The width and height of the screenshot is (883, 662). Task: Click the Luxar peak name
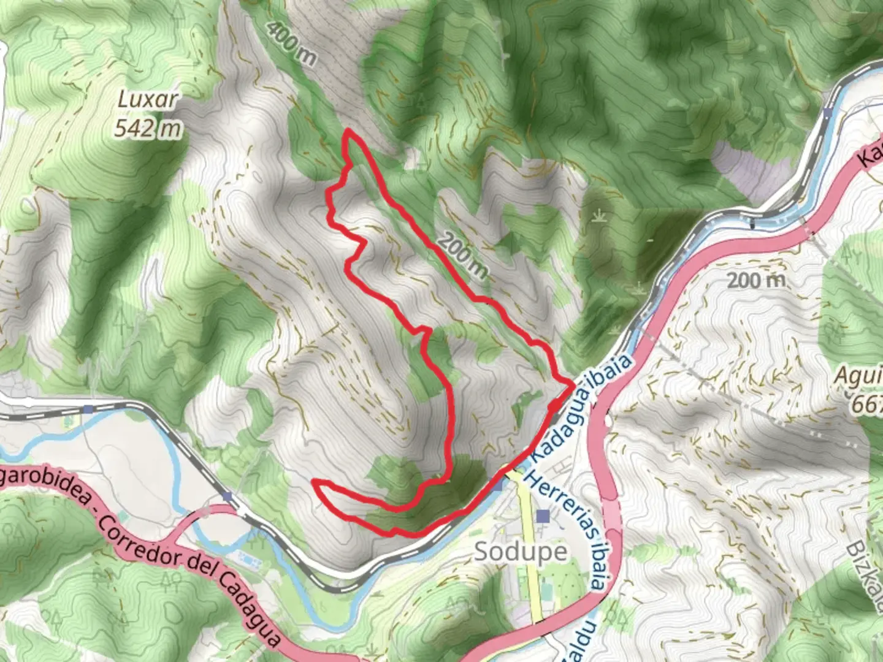tap(147, 101)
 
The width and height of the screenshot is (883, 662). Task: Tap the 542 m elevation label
tap(148, 128)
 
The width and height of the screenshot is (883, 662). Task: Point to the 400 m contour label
tap(292, 44)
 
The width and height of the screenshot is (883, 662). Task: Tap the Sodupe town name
tap(521, 552)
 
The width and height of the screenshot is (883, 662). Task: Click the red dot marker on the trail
tap(554, 407)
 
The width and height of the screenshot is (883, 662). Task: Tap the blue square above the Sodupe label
tap(542, 517)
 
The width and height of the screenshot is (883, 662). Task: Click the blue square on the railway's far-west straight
tap(90, 408)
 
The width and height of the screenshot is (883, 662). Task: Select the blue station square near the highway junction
tap(228, 496)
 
